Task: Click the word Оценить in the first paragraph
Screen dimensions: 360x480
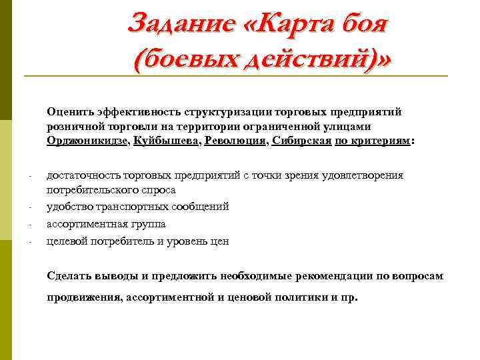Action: (70, 111)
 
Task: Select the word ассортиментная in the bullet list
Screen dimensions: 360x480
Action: (86, 224)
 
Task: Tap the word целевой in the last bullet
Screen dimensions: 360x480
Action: (66, 241)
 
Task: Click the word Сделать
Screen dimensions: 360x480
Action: (68, 276)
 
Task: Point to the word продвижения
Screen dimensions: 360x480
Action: (83, 297)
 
